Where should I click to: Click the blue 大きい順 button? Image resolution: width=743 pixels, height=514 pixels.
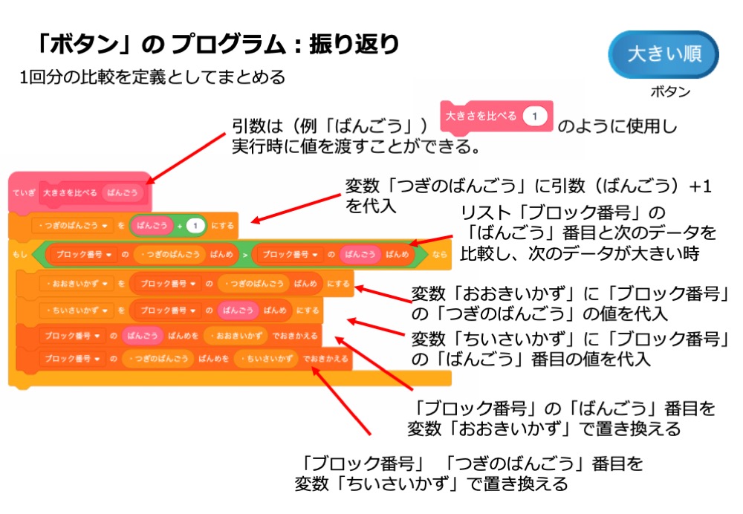pyautogui.click(x=663, y=54)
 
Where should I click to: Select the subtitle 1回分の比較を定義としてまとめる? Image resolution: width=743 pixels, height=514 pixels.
pyautogui.click(x=152, y=77)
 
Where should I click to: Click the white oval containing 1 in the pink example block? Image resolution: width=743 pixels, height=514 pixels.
pyautogui.click(x=534, y=117)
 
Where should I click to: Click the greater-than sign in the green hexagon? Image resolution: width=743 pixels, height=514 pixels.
pyautogui.click(x=244, y=255)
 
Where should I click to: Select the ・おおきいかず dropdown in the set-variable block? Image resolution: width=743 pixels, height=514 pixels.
pyautogui.click(x=72, y=283)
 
